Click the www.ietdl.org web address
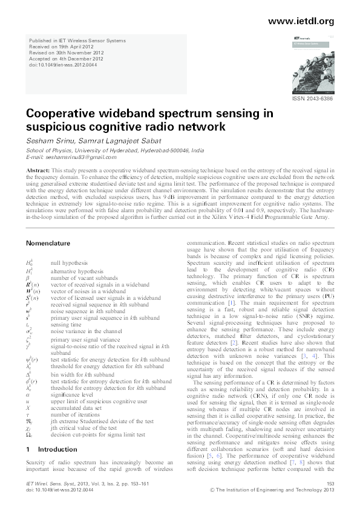(300, 21)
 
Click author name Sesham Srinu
(50, 138)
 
